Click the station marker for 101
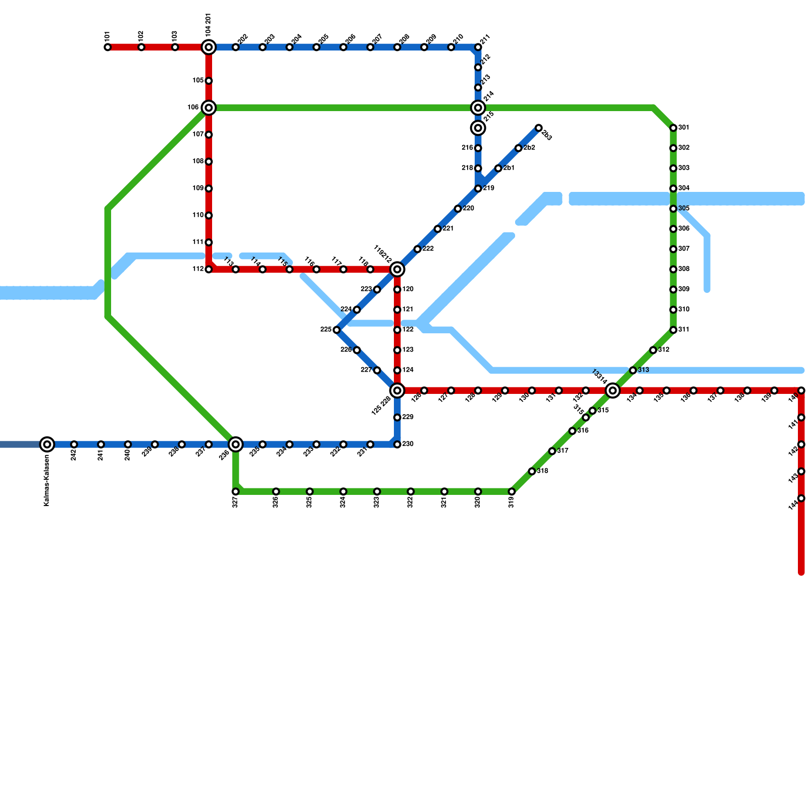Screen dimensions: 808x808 (108, 47)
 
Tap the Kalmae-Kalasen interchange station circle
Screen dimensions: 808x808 (47, 444)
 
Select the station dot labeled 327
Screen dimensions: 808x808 (235, 491)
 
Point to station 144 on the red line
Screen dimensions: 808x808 (801, 498)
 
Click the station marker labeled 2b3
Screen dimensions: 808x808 (539, 128)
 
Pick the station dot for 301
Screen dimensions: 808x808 (673, 128)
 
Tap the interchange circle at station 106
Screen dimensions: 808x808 (209, 108)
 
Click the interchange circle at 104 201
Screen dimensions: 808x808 (209, 47)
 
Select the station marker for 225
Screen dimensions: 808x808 (337, 330)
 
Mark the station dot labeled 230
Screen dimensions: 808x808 (397, 444)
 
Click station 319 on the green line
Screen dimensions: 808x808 (512, 491)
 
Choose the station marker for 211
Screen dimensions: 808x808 (478, 47)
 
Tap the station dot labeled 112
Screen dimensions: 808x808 (209, 269)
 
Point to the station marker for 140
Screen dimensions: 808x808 (801, 390)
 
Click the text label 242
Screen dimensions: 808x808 (74, 454)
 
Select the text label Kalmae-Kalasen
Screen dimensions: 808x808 (46, 480)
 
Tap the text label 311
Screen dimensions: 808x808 (684, 330)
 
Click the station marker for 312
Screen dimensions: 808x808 (653, 350)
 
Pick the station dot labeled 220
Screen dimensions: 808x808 (458, 209)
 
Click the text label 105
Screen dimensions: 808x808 (198, 81)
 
